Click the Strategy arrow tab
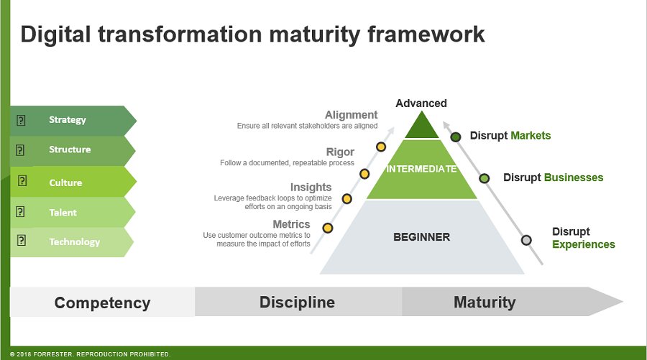(72, 120)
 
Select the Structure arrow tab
(72, 150)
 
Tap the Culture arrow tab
(72, 183)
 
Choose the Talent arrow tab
(72, 213)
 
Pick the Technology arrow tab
(72, 242)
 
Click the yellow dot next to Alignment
(381, 147)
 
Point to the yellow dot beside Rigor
(364, 174)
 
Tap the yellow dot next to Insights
(347, 199)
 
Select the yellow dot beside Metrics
(328, 228)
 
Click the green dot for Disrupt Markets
(455, 137)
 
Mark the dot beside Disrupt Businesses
(485, 178)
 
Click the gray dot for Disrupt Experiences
(526, 240)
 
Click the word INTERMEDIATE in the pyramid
(421, 169)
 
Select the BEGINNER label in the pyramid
(421, 236)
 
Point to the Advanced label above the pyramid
(421, 103)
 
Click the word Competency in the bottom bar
(102, 303)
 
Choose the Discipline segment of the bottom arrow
(297, 302)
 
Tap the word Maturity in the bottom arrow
(484, 302)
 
